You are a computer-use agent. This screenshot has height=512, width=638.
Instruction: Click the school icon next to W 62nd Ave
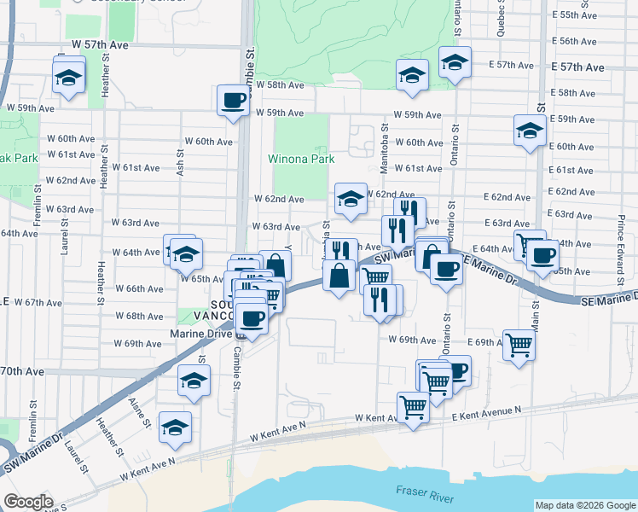351,200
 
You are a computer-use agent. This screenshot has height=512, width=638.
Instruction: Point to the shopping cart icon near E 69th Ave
519,345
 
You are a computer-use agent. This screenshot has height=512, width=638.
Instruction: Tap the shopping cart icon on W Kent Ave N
413,407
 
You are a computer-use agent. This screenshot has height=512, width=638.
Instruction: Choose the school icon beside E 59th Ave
530,131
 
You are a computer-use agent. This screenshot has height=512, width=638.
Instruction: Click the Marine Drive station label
200,334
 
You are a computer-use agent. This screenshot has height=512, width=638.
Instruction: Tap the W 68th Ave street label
138,316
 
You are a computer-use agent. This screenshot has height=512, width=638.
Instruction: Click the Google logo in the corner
28,501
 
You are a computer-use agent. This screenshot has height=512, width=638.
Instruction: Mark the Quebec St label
501,17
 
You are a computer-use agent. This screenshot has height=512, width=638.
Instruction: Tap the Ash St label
181,160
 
